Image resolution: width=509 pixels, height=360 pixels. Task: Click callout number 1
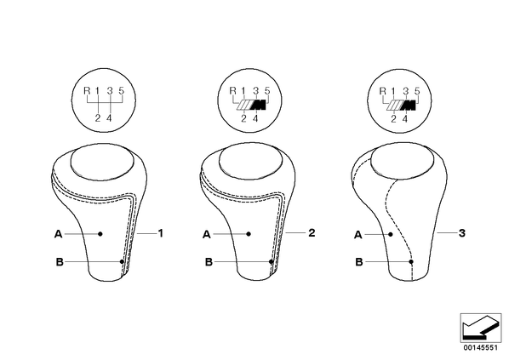160,233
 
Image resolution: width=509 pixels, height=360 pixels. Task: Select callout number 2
312,232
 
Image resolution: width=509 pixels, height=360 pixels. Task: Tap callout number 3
462,232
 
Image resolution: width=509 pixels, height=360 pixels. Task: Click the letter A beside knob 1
58,234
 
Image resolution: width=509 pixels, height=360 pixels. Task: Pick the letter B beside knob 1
60,261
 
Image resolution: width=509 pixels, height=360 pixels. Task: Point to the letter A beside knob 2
207,234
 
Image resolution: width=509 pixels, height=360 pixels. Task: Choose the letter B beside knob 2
209,261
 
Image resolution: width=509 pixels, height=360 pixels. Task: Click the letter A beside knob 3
358,235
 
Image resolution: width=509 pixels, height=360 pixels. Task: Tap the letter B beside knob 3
359,261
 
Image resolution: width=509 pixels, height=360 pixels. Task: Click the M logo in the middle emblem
252,105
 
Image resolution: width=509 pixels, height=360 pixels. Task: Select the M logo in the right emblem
402,106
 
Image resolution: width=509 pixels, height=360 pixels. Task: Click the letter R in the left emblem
87,90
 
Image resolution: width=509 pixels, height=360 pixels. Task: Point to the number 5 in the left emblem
121,90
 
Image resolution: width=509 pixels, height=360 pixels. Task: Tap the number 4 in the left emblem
109,118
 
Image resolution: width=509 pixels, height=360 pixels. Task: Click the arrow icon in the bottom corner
481,328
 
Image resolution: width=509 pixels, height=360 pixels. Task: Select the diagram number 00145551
480,348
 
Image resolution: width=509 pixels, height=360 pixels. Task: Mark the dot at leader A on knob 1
100,234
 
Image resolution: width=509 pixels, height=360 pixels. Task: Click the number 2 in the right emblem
393,119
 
